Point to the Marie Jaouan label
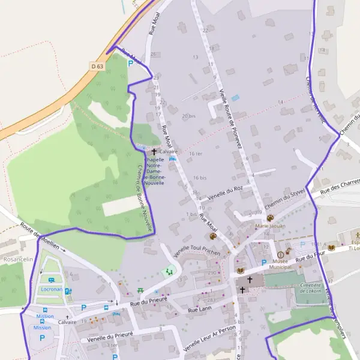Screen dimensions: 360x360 (270, 226)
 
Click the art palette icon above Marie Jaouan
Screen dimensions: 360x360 (270, 218)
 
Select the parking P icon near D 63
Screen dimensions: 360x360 (130, 62)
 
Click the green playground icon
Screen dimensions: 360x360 (169, 271)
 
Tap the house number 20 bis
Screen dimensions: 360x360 (188, 116)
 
